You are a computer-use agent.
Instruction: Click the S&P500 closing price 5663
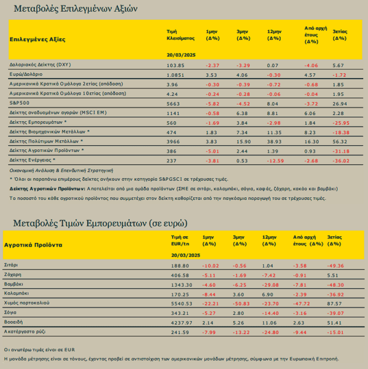173,104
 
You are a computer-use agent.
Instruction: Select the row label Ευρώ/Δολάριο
26,74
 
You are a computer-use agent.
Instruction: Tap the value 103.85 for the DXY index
175,65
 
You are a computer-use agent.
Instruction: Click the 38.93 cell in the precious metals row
274,141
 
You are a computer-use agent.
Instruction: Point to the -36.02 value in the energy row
341,161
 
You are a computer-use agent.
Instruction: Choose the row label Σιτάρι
11,265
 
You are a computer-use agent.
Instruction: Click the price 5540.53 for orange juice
182,304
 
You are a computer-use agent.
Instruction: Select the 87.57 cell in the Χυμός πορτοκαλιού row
334,304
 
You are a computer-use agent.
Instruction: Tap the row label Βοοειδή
14,322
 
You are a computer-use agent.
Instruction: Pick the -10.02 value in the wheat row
210,266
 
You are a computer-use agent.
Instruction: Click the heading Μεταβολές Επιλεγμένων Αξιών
76,9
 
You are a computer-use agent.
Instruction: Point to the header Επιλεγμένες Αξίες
38,39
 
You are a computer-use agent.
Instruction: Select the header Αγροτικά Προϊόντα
33,245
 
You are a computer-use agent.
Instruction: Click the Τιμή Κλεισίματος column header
180,35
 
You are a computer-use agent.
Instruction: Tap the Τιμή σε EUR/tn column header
180,240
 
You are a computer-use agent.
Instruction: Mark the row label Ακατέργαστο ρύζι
25,331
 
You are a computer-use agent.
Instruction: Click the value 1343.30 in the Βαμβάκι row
182,285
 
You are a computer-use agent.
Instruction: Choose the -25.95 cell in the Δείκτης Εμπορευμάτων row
341,123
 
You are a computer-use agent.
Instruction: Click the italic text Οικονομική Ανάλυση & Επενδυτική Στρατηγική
61,170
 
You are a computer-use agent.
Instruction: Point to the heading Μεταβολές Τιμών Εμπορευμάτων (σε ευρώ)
100,223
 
